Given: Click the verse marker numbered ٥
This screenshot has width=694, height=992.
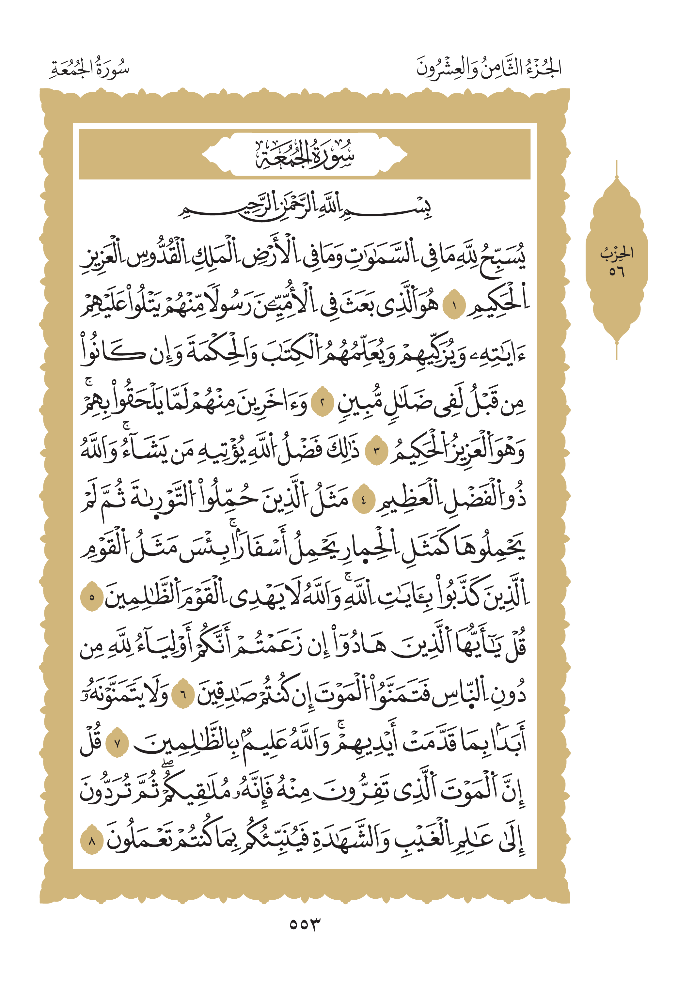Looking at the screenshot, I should (x=92, y=598).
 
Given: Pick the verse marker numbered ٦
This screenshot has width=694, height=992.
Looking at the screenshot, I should (x=183, y=695).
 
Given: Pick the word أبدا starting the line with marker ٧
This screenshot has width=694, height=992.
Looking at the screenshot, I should (x=510, y=741).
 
